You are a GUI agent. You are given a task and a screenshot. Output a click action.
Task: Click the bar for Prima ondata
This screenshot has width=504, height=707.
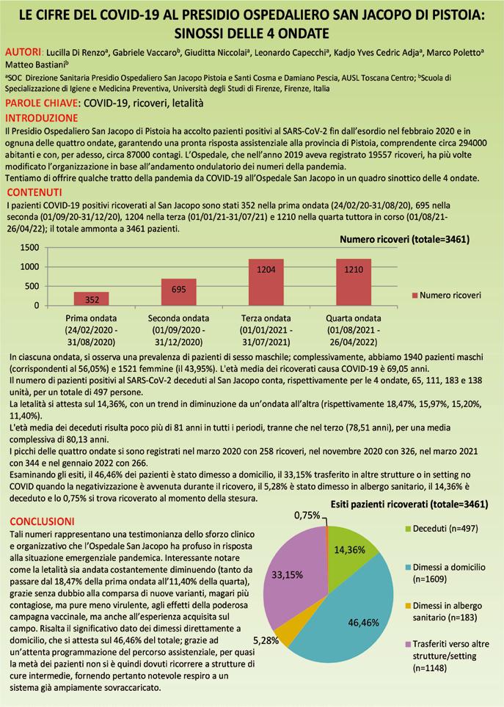pyautogui.click(x=92, y=298)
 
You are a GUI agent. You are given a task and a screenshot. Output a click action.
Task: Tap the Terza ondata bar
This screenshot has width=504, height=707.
pyautogui.click(x=266, y=282)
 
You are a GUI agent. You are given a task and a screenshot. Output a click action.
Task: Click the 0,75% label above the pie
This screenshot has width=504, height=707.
pyautogui.click(x=307, y=516)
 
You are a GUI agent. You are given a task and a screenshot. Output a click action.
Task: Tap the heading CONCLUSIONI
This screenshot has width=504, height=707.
pyautogui.click(x=42, y=521)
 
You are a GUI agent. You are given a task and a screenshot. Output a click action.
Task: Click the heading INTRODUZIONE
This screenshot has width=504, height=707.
pyautogui.click(x=41, y=117)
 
